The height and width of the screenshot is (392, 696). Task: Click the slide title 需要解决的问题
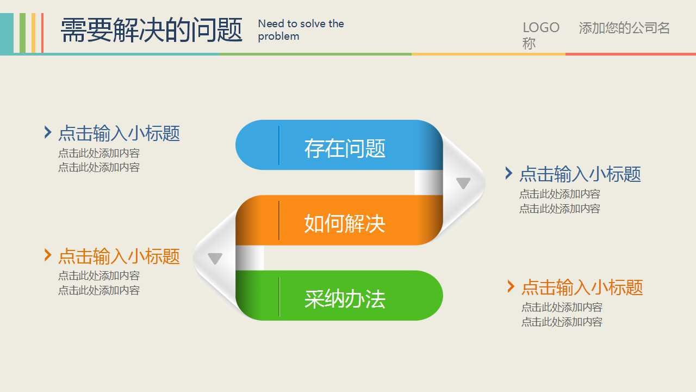(x=151, y=29)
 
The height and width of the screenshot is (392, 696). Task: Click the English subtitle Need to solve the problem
(x=301, y=30)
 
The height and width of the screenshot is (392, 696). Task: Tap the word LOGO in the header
(x=540, y=28)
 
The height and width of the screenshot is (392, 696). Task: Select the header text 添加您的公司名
(x=624, y=28)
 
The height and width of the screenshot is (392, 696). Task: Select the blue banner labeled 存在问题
(x=339, y=145)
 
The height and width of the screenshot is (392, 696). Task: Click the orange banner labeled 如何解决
(x=339, y=220)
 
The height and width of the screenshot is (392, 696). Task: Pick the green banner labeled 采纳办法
(x=339, y=296)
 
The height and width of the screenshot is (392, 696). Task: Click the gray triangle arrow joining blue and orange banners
(x=463, y=183)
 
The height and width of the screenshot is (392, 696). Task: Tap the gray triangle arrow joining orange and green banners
(x=215, y=259)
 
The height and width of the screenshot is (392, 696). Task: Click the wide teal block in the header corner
(x=7, y=33)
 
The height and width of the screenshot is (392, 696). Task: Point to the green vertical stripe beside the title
(x=22, y=33)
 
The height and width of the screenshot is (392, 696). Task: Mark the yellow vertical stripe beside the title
(x=33, y=33)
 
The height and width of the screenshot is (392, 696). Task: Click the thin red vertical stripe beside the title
(x=42, y=33)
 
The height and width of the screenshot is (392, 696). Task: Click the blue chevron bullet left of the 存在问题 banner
(x=48, y=132)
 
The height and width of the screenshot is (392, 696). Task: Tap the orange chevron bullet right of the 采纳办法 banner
(x=511, y=286)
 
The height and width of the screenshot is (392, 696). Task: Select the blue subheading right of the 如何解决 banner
(x=580, y=174)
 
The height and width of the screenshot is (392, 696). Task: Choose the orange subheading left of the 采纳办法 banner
(x=119, y=256)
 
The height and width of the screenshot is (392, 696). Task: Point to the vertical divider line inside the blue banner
(x=279, y=145)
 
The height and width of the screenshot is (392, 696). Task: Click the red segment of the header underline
(x=630, y=54)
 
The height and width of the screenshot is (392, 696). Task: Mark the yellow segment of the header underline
(x=488, y=54)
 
